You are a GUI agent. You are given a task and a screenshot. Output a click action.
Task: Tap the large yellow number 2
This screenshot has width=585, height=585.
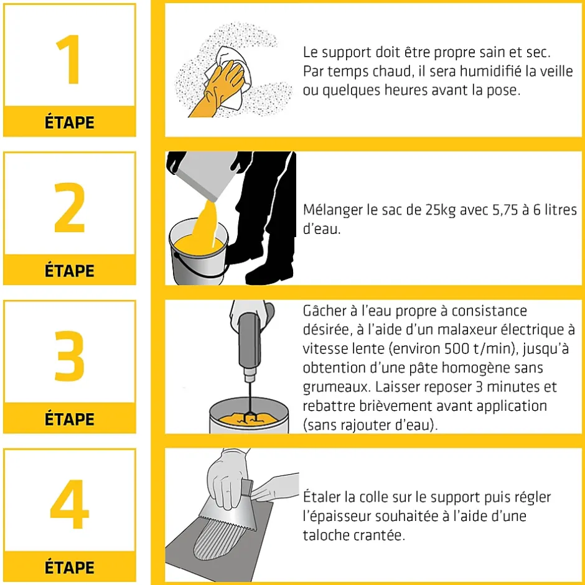click(70, 207)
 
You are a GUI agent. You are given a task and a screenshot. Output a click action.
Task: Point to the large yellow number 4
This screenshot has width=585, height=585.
click(70, 504)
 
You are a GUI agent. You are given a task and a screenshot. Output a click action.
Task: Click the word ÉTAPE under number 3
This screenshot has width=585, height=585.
click(70, 419)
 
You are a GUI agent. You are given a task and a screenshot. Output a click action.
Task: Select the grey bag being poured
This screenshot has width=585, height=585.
click(204, 174)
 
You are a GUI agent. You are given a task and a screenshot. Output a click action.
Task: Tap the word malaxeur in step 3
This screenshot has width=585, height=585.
click(466, 329)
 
